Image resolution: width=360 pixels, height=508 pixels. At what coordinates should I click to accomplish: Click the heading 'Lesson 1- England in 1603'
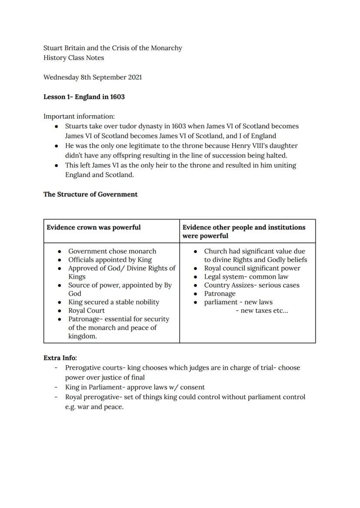click(x=84, y=97)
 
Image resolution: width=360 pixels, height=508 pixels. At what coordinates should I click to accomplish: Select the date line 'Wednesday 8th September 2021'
click(x=92, y=77)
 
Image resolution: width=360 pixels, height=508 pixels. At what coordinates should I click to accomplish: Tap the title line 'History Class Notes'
click(x=73, y=58)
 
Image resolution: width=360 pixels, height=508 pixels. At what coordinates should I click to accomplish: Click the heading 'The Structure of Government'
click(x=90, y=194)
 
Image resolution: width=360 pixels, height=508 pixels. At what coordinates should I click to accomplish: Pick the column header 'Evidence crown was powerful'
click(x=93, y=227)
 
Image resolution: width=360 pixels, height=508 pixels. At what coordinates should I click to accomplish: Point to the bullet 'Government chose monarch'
click(x=112, y=251)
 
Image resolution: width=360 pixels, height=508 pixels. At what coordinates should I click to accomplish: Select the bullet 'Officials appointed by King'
click(x=110, y=260)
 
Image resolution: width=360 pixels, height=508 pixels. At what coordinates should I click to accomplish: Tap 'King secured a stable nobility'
click(x=113, y=302)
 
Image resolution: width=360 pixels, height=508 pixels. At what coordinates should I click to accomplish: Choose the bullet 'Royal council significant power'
click(x=252, y=268)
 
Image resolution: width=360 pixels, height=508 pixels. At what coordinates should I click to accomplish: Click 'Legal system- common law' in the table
click(x=246, y=277)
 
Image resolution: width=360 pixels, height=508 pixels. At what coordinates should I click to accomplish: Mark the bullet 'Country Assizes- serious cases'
click(x=252, y=285)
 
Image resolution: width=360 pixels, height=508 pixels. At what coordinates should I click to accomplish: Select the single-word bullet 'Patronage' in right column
click(x=220, y=294)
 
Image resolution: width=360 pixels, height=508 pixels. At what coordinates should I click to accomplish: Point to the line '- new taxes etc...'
click(x=262, y=311)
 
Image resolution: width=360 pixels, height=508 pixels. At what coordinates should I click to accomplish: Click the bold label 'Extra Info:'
click(x=60, y=358)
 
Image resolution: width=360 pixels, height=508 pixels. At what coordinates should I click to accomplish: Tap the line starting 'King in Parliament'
click(x=135, y=387)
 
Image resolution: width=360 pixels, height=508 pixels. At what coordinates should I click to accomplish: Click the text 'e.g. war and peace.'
click(x=94, y=407)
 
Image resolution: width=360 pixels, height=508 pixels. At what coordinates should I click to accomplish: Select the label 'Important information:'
click(x=79, y=116)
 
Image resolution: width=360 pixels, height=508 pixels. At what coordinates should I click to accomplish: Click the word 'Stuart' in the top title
click(x=53, y=48)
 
